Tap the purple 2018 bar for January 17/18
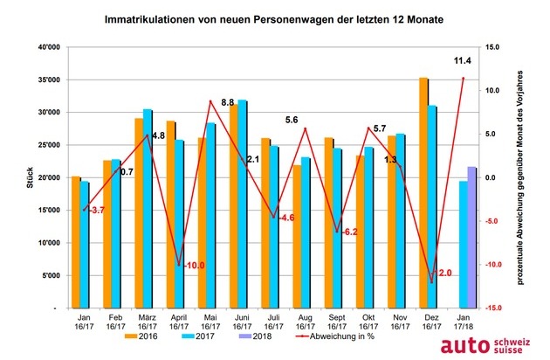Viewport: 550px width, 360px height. coord(472,238)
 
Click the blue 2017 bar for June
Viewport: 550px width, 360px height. coord(242,204)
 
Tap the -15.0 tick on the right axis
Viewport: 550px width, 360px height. coord(490,308)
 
